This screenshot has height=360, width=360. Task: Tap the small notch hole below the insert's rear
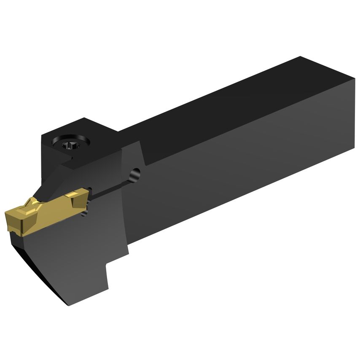tap(84, 215)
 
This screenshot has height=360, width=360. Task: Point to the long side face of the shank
tap(244, 169)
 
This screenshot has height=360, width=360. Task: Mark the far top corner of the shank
tap(300, 57)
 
